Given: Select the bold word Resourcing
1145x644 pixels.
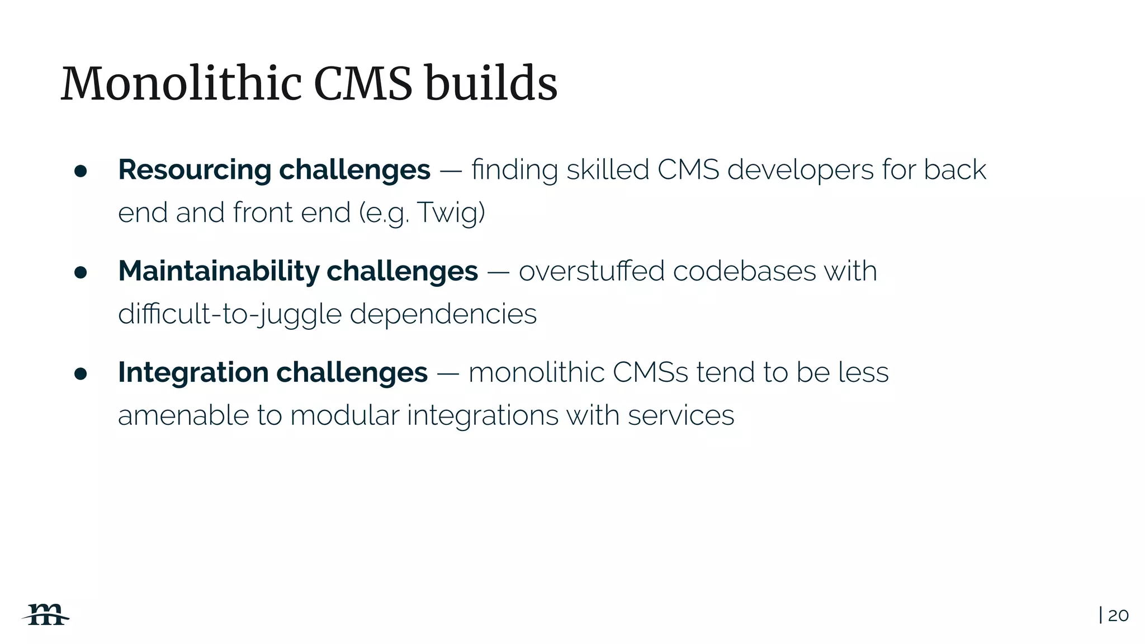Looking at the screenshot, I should pyautogui.click(x=195, y=170).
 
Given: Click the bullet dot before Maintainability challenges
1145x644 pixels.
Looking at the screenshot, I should pyautogui.click(x=81, y=272).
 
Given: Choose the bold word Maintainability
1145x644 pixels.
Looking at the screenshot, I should pyautogui.click(x=219, y=271).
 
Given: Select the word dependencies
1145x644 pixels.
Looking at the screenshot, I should pyautogui.click(x=443, y=314).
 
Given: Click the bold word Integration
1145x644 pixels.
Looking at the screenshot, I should pyautogui.click(x=193, y=373).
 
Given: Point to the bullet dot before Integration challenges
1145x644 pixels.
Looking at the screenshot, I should pyautogui.click(x=81, y=373).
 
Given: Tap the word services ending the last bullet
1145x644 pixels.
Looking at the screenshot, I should pyautogui.click(x=680, y=416).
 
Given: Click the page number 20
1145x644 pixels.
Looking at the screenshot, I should pyautogui.click(x=1118, y=615).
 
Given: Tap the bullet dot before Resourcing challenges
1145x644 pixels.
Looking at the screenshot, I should pyautogui.click(x=81, y=171).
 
